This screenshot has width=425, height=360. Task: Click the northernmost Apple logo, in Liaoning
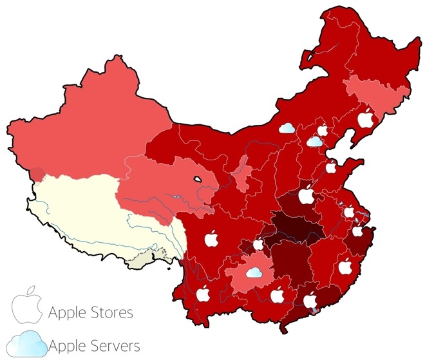[365, 118]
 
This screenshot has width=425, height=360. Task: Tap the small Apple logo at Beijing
[323, 131]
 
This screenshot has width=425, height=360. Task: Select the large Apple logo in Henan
[306, 193]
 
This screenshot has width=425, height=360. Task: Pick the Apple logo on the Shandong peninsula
[331, 167]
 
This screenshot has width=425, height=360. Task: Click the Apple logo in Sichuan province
[210, 239]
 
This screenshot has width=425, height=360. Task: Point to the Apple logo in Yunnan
[203, 294]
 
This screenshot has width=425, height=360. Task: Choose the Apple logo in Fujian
[345, 265]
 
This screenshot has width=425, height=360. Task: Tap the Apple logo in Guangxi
[278, 295]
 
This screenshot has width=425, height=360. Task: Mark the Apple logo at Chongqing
[258, 245]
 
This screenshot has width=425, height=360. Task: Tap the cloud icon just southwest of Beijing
[314, 141]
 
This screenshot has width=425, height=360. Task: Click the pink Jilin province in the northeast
[373, 93]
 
